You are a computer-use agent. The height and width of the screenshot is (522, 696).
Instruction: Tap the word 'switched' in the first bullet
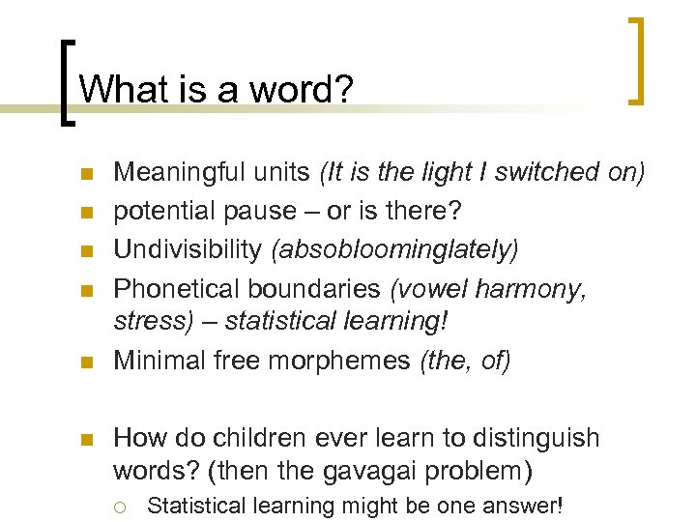549,173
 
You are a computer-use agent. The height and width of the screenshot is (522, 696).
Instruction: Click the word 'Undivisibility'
188,249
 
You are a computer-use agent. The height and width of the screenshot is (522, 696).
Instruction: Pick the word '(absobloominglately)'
394,249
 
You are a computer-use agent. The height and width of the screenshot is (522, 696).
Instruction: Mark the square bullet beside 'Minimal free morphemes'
85,362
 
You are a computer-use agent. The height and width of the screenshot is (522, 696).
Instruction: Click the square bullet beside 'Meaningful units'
85,175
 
